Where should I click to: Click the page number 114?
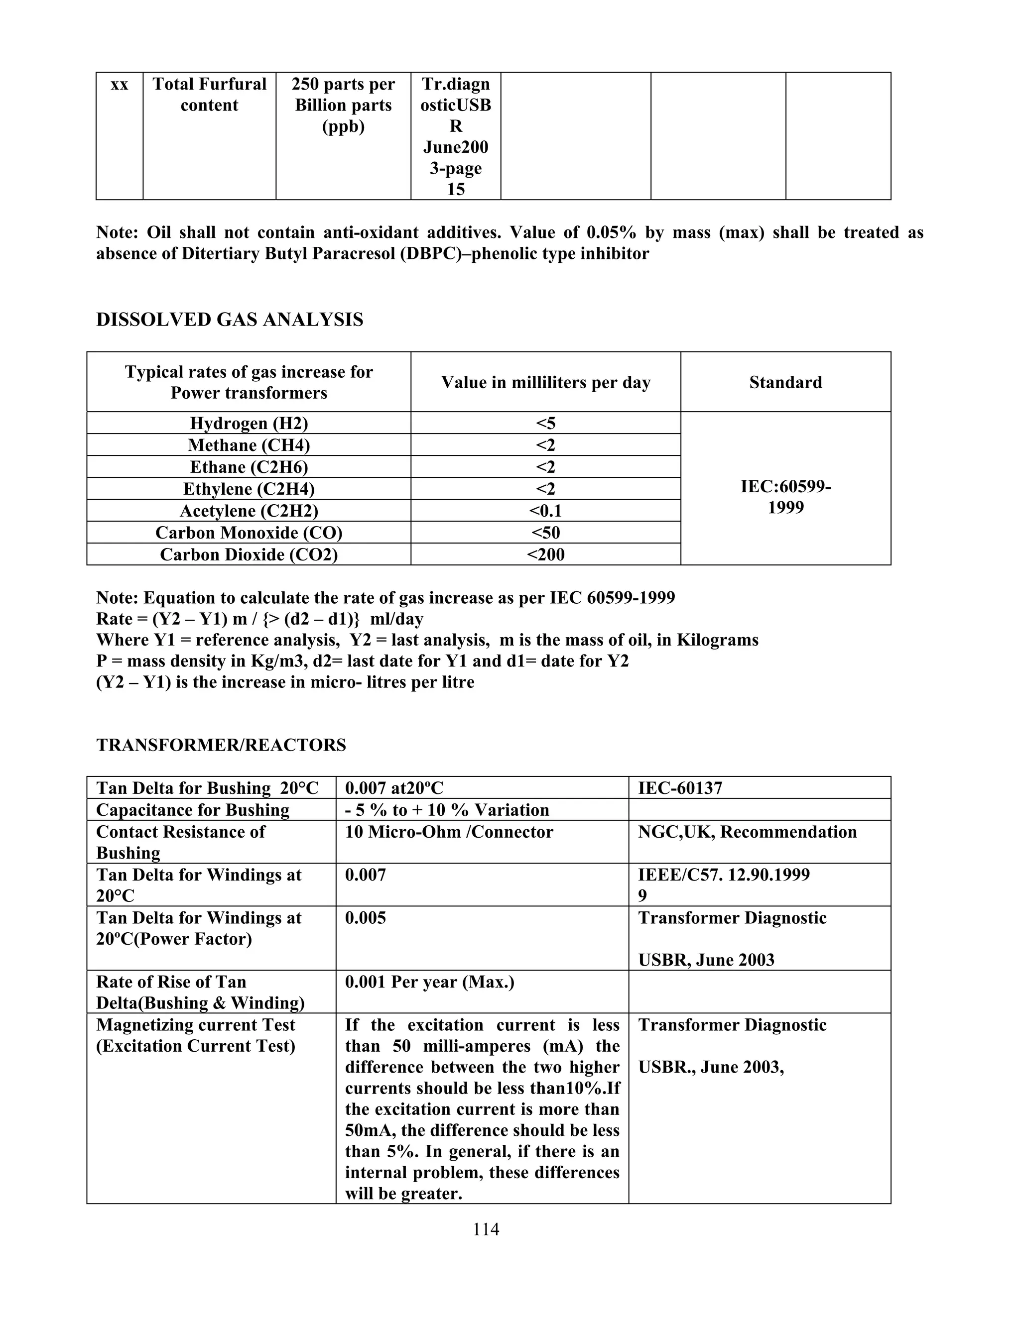pyautogui.click(x=486, y=1229)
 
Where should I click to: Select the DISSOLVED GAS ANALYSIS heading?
pyautogui.click(x=230, y=320)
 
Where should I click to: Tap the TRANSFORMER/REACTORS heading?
pyautogui.click(x=221, y=745)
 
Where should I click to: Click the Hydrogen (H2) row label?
pyautogui.click(x=249, y=424)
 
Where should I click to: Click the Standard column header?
pyautogui.click(x=785, y=382)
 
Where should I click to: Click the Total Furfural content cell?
pyautogui.click(x=209, y=95)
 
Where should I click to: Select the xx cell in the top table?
pyautogui.click(x=120, y=85)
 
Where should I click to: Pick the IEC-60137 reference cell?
pyautogui.click(x=680, y=788)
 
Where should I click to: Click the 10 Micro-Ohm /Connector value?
pyautogui.click(x=449, y=832)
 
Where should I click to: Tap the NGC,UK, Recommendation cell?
pyautogui.click(x=747, y=832)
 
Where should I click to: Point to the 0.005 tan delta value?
pyautogui.click(x=365, y=918)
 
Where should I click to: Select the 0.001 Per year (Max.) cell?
pyautogui.click(x=430, y=982)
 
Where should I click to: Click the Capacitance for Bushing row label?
pyautogui.click(x=193, y=810)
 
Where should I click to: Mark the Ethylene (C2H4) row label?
pyautogui.click(x=249, y=489)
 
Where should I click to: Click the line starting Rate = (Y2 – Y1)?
pyautogui.click(x=260, y=619)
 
